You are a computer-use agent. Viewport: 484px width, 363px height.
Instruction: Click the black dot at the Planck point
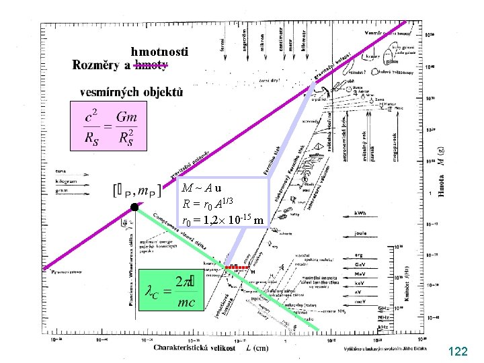(x=134, y=207)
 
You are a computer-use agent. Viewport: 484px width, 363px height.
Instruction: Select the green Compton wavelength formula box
(x=172, y=293)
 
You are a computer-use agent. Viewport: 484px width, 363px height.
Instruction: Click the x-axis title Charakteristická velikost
(x=195, y=348)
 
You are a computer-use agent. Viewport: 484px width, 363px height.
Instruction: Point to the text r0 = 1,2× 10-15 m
(x=223, y=220)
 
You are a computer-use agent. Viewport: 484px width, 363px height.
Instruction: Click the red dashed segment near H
(x=237, y=267)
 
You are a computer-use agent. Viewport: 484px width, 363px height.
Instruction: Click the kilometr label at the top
(x=304, y=39)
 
